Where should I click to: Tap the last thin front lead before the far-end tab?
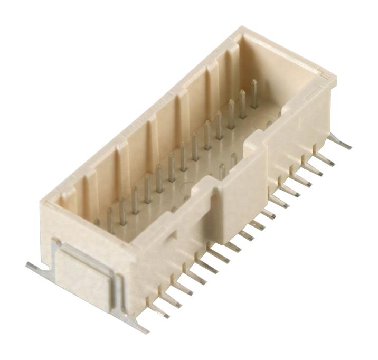[326, 158]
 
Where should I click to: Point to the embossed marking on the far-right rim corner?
[327, 77]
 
